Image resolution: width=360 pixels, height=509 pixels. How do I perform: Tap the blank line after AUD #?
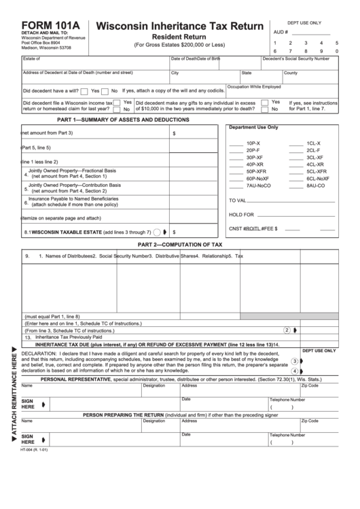[x=310, y=32]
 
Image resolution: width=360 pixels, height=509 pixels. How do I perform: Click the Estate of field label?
[x=32, y=59]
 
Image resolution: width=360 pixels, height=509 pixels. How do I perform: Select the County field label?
[x=290, y=73]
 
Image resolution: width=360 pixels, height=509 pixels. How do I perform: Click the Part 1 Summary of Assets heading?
[x=113, y=120]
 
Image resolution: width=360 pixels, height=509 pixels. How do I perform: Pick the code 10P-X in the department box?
[x=253, y=143]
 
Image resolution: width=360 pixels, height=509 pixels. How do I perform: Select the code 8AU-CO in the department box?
[x=315, y=186]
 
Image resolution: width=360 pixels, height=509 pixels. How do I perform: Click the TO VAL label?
[x=241, y=200]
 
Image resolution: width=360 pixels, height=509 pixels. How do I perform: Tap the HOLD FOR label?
[x=243, y=215]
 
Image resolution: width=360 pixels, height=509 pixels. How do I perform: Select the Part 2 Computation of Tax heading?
[x=179, y=244]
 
